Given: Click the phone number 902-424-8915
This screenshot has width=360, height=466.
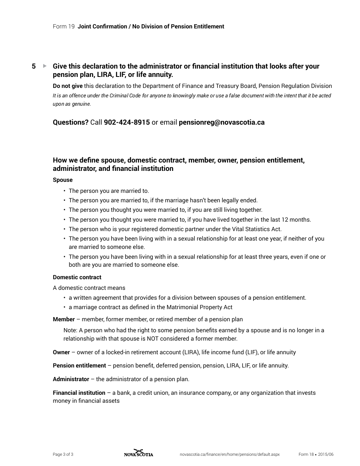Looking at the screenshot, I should [x=127, y=122].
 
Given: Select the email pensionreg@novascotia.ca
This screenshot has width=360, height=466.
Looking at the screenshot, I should [x=221, y=122].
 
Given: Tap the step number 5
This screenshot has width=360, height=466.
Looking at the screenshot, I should [x=34, y=66].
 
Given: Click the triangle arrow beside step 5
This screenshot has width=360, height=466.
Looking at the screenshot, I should [x=45, y=66].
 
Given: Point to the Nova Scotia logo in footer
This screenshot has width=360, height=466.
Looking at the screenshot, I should [x=139, y=453].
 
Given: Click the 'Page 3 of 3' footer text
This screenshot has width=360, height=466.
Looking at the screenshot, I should [x=63, y=454].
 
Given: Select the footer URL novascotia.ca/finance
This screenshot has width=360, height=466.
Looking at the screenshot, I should [x=230, y=454].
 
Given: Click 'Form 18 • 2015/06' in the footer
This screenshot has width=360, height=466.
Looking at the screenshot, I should [x=316, y=454].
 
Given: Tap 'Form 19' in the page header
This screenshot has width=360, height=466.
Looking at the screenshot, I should [x=64, y=27].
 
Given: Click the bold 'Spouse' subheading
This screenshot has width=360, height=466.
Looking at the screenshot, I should [x=63, y=180].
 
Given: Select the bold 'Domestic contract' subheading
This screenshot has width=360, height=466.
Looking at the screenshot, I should [x=77, y=277].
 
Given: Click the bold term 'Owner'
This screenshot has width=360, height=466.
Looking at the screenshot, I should [x=61, y=352].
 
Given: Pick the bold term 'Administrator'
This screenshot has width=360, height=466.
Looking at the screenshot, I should [x=71, y=379].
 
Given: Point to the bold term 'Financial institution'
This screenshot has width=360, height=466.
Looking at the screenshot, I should [x=79, y=393].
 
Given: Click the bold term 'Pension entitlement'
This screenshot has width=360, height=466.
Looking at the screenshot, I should [x=79, y=366].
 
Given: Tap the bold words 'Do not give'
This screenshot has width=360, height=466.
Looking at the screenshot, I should [x=67, y=86].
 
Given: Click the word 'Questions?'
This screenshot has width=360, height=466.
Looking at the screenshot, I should [x=70, y=122].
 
